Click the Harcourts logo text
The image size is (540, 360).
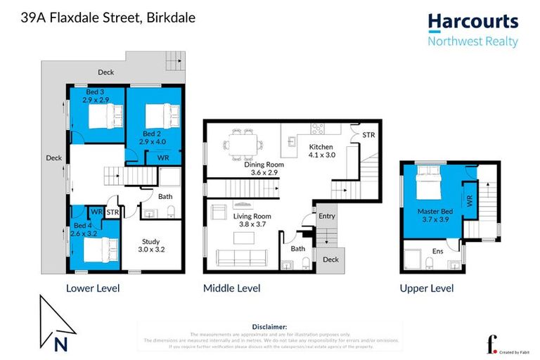pos(472,22)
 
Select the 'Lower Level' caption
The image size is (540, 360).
pos(92,288)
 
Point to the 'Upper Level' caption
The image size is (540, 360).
pos(426,288)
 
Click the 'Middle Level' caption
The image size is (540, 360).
pos(231,288)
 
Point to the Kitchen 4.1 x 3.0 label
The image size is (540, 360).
pos(323,151)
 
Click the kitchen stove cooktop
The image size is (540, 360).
pos(316,129)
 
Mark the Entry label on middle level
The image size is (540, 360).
pos(326,217)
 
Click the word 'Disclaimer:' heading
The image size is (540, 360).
pos(269,327)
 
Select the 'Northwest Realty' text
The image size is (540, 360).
pos(472,41)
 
